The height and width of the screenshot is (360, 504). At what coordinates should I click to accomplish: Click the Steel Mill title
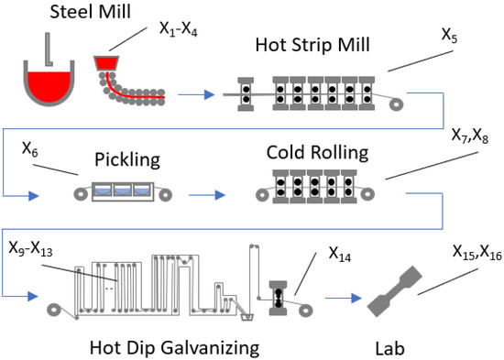click(91, 12)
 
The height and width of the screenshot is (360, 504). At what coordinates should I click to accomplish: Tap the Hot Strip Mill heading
click(312, 45)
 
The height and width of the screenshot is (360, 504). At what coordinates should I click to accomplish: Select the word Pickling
click(127, 159)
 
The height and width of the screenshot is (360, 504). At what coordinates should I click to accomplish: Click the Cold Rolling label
click(317, 152)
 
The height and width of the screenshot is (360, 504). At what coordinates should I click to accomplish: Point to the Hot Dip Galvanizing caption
click(174, 348)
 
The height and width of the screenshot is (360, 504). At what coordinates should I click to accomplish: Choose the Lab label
click(389, 348)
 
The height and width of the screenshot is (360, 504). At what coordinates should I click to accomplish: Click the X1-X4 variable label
click(179, 29)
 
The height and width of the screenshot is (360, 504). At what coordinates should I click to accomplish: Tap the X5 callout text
click(449, 35)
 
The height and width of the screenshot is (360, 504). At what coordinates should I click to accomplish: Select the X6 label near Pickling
click(30, 149)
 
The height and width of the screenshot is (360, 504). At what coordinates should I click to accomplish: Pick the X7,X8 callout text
click(470, 136)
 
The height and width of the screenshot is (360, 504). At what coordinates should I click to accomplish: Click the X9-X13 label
click(30, 249)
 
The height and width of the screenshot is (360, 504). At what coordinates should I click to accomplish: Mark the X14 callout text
click(340, 255)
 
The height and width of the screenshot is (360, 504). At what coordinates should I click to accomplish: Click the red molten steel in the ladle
click(49, 86)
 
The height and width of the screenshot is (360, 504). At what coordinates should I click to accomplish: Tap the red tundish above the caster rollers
click(106, 63)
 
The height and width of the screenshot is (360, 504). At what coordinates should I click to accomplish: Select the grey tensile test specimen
click(394, 291)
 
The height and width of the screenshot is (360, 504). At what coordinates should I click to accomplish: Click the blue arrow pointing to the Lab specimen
click(344, 298)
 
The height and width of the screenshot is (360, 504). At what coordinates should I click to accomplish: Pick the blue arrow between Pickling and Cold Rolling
click(207, 195)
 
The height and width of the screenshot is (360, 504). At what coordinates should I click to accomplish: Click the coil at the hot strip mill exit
click(396, 104)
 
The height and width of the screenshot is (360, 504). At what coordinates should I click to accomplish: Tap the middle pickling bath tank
click(123, 190)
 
